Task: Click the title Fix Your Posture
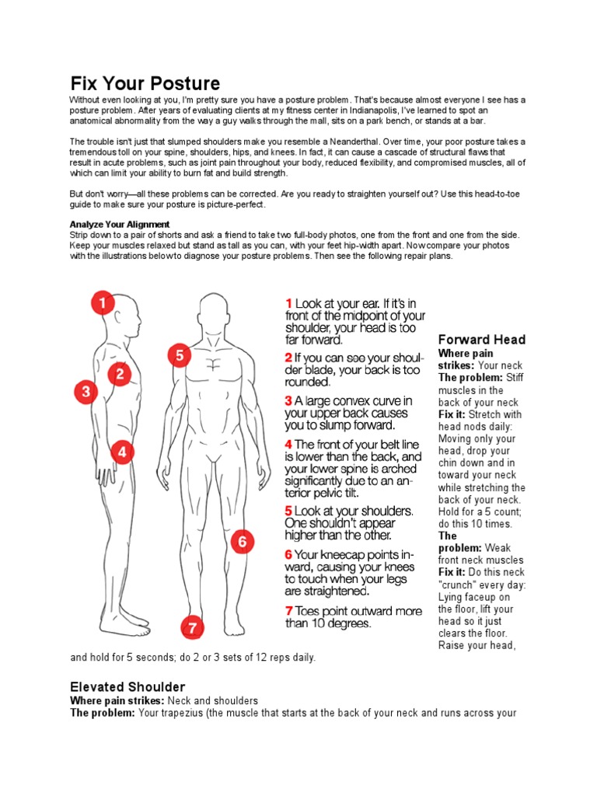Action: click(x=145, y=83)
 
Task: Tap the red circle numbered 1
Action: click(x=103, y=302)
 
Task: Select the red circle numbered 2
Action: click(x=120, y=374)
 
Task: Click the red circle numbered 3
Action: click(x=86, y=392)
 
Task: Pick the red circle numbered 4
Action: click(x=122, y=452)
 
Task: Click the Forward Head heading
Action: click(x=482, y=340)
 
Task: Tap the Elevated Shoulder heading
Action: click(x=127, y=686)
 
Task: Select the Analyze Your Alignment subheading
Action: click(x=120, y=224)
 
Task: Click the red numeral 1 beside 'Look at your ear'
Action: click(x=288, y=303)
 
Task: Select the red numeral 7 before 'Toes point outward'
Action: click(x=288, y=610)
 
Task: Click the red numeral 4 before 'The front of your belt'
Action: click(x=288, y=444)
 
